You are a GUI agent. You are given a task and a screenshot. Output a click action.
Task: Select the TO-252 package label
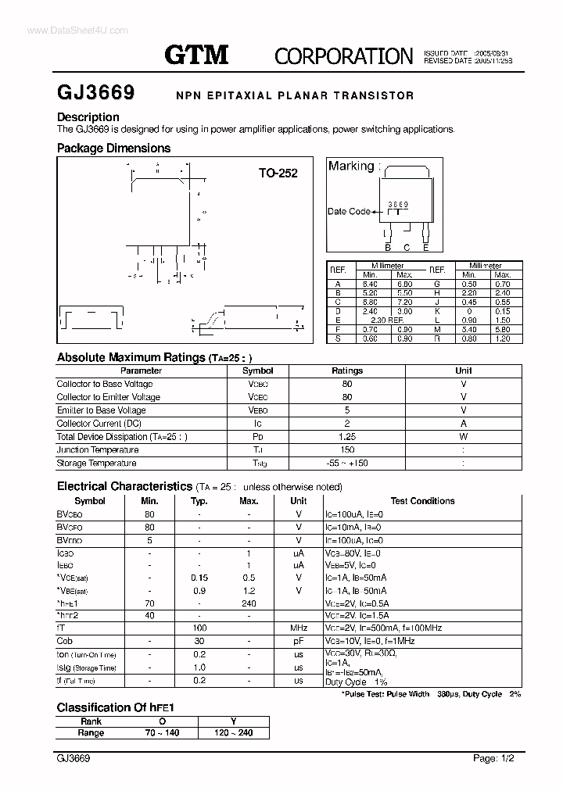(x=278, y=174)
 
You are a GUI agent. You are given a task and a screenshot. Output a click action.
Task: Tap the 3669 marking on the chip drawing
(x=399, y=204)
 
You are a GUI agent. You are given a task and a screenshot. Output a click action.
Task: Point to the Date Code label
(x=349, y=211)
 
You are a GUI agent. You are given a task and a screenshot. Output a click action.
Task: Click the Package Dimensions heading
(x=113, y=148)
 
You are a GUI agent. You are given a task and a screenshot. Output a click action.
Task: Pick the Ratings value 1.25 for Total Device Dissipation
(x=347, y=437)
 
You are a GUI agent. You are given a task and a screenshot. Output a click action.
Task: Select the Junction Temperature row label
(x=98, y=450)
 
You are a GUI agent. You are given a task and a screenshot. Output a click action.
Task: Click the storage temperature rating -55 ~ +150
(x=347, y=464)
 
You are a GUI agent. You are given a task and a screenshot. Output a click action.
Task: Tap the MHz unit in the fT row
(x=299, y=628)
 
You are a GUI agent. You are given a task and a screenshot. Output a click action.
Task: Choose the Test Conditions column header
(x=422, y=501)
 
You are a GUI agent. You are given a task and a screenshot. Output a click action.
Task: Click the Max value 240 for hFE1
(x=249, y=603)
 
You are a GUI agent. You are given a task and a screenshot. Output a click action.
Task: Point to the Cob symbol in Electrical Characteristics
(x=65, y=641)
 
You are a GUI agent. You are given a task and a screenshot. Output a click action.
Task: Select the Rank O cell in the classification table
(x=162, y=721)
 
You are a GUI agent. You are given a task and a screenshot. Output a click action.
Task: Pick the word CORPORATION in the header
(x=343, y=55)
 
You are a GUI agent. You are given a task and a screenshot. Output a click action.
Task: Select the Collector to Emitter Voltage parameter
(x=108, y=397)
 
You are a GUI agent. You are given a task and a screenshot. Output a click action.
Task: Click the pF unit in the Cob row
(x=299, y=641)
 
